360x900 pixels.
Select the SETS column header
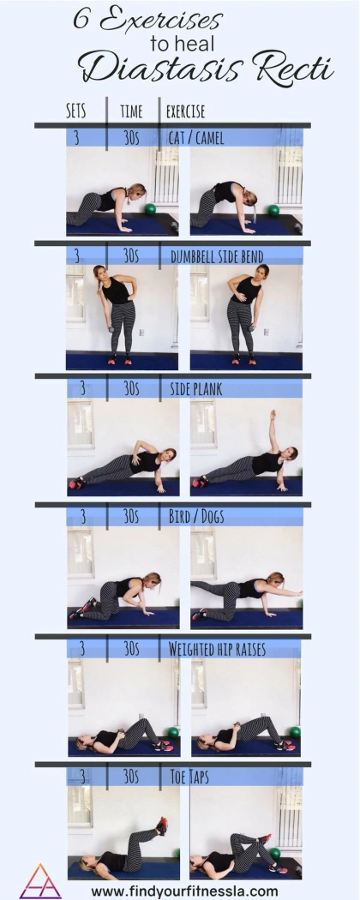click(75, 111)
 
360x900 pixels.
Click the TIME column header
click(131, 111)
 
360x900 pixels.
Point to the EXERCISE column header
click(185, 111)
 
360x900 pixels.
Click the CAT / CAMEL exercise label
click(195, 138)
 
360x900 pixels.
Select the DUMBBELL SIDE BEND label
click(217, 256)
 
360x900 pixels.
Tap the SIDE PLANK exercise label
click(195, 388)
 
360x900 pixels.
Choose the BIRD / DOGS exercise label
click(195, 517)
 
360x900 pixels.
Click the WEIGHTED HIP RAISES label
click(217, 649)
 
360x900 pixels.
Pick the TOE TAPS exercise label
click(189, 777)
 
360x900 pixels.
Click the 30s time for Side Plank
click(131, 388)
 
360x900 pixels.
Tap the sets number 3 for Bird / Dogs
click(82, 517)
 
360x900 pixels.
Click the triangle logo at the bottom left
click(40, 881)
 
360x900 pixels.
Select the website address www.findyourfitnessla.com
click(184, 891)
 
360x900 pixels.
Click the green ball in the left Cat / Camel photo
click(150, 209)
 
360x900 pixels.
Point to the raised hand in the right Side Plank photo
click(273, 414)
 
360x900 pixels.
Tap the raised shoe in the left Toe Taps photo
click(163, 825)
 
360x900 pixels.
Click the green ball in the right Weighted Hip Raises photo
click(295, 732)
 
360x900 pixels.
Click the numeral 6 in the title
click(81, 20)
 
